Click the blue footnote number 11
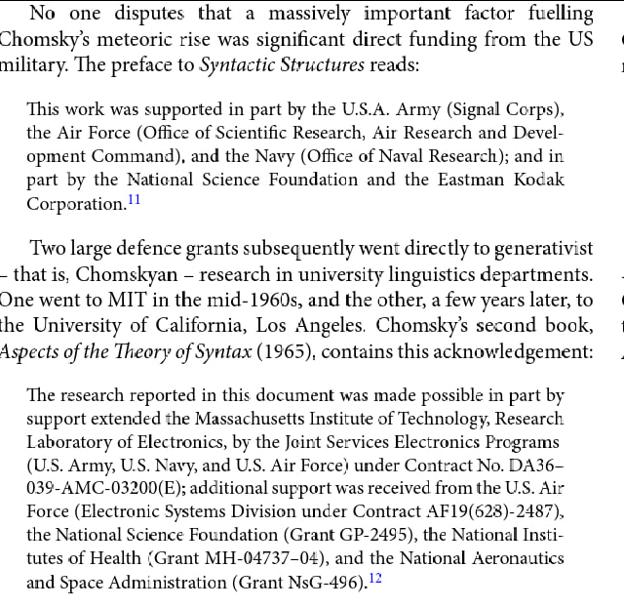click(135, 200)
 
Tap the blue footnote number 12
click(375, 579)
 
